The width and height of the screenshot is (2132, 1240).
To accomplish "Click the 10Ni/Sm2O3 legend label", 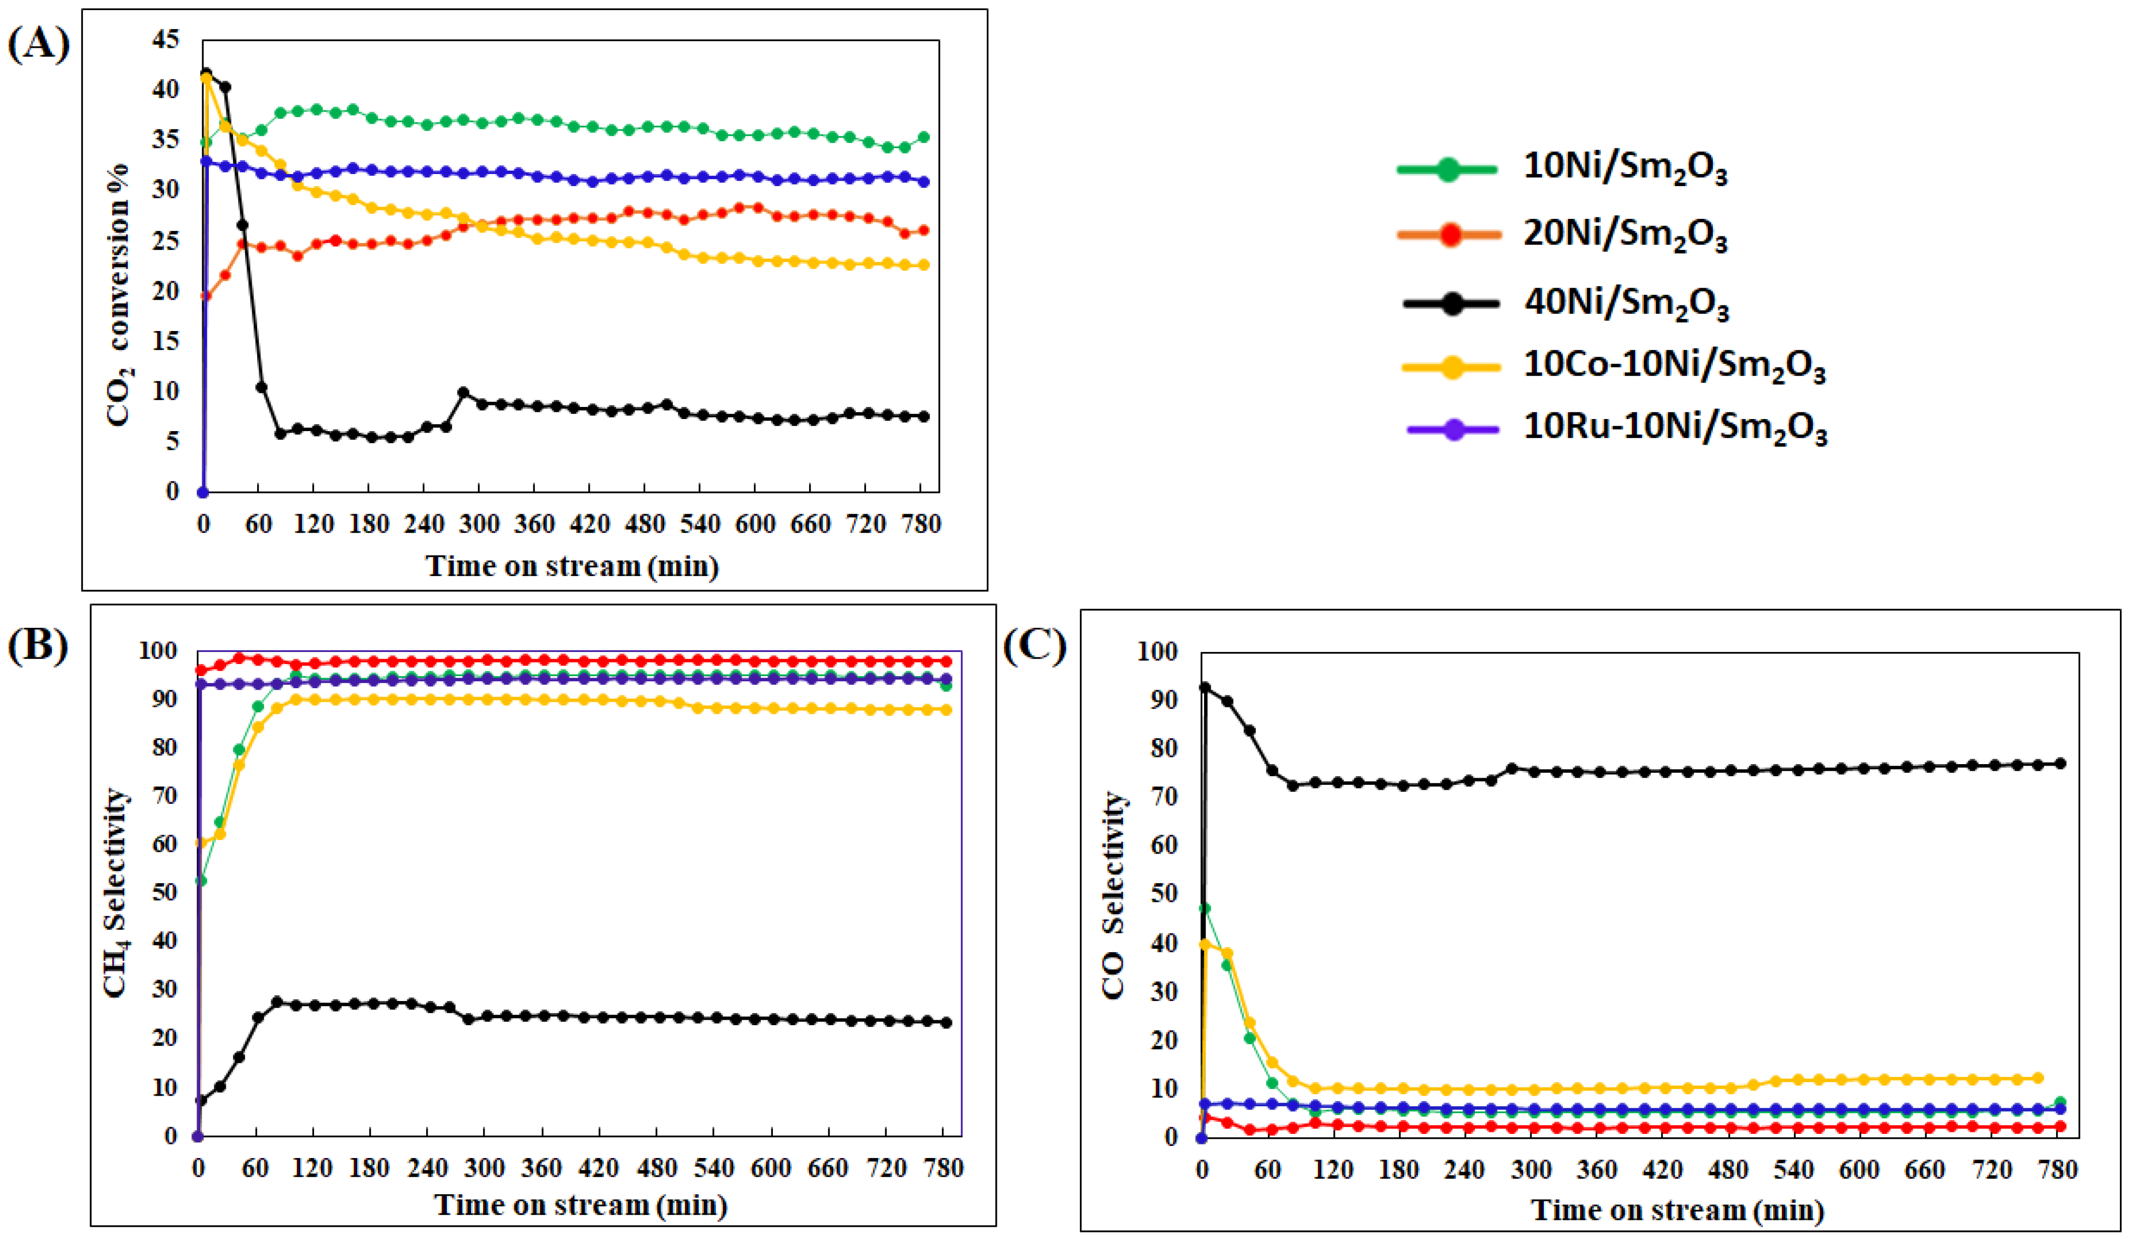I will tap(1624, 168).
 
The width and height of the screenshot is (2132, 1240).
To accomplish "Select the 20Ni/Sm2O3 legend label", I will tap(1624, 234).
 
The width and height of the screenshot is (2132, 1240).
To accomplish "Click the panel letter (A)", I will tap(39, 44).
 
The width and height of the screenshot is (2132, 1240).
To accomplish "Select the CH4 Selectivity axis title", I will tap(116, 892).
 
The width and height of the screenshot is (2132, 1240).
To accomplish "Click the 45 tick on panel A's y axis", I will tap(166, 39).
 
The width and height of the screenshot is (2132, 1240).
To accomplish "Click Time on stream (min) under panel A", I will tap(572, 566).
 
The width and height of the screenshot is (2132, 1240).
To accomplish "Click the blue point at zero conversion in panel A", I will tap(203, 492).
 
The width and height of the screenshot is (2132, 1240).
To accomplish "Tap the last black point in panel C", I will tap(2061, 764).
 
